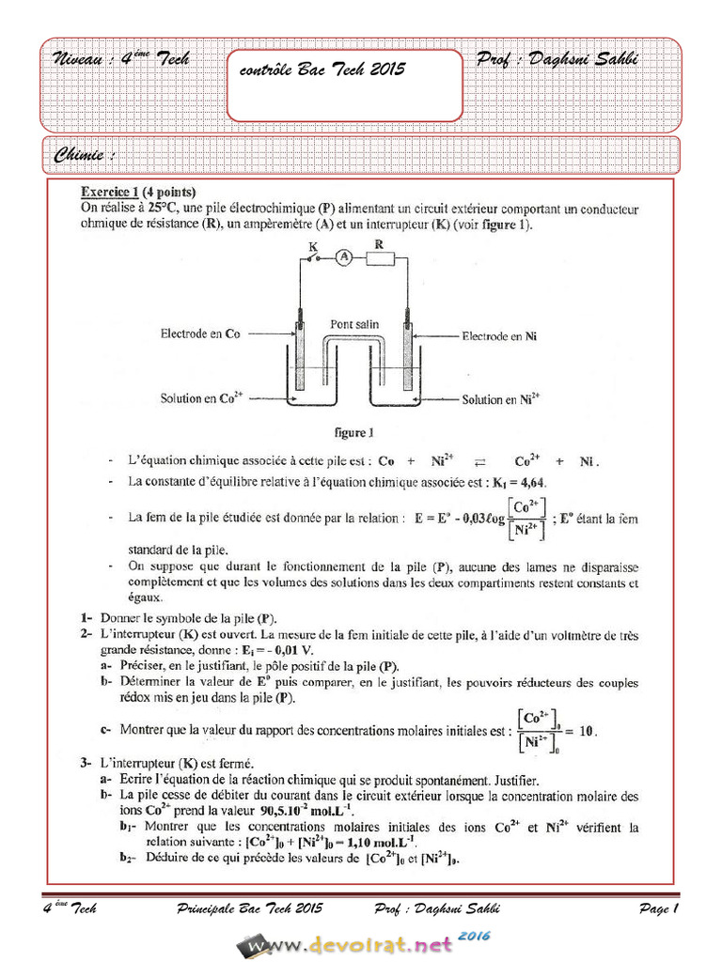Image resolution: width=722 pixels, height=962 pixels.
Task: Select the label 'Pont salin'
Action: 354,324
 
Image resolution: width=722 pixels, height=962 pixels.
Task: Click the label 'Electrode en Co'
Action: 200,334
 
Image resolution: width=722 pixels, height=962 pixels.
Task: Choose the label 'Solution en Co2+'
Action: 202,398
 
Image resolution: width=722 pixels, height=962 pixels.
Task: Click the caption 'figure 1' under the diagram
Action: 354,433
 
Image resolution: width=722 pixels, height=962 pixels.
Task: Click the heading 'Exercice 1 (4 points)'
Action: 138,192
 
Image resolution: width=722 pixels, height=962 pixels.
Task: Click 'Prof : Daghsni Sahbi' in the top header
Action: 557,59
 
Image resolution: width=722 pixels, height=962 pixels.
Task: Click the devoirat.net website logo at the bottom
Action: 362,943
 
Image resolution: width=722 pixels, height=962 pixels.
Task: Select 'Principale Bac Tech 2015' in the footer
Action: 249,908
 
